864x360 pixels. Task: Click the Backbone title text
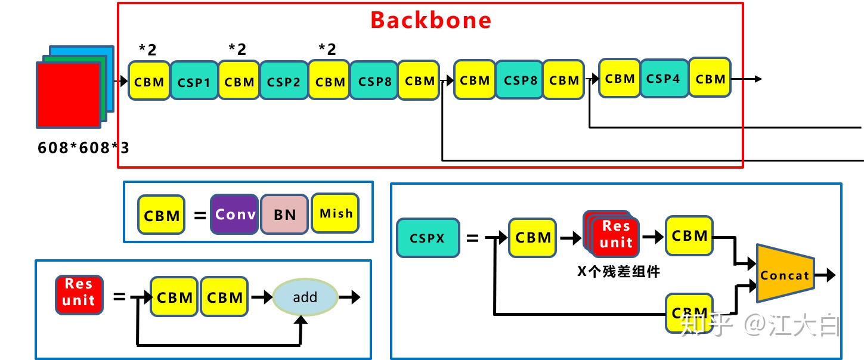(431, 20)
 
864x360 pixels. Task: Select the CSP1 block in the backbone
(194, 81)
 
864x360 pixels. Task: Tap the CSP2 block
(283, 81)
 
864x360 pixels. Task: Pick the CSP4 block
(664, 79)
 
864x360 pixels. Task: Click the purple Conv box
(234, 215)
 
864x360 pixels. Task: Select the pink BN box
(284, 215)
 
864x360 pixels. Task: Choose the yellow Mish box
(335, 213)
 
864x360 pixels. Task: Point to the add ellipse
(305, 297)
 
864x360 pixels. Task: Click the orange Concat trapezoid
(785, 273)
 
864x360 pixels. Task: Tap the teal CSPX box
(428, 238)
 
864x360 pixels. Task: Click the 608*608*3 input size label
(83, 148)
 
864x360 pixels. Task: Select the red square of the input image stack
(69, 95)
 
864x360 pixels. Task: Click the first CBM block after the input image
(149, 81)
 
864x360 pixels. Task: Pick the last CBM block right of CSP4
(710, 77)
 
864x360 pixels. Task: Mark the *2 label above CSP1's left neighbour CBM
(148, 49)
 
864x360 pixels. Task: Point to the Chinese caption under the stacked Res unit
(618, 272)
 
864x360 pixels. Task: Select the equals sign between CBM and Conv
(200, 215)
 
